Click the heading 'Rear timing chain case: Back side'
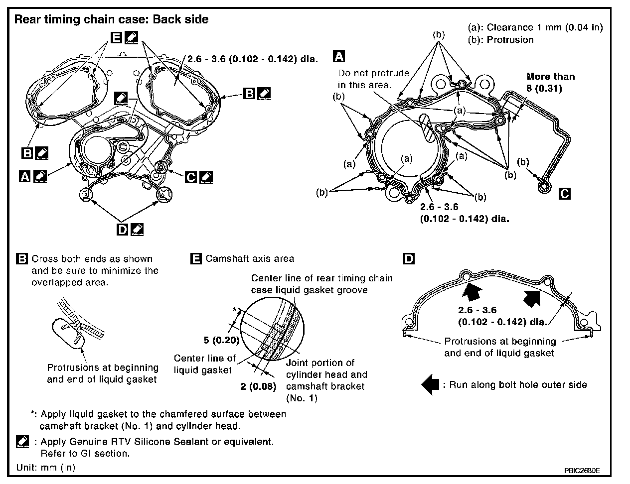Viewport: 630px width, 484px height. coord(111,19)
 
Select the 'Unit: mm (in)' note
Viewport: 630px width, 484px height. coord(46,468)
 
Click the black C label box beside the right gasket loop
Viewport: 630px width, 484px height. coord(564,194)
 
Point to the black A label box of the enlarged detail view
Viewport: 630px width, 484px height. coord(339,55)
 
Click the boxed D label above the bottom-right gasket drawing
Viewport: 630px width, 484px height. coord(409,259)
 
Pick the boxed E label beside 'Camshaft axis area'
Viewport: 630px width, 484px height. coord(196,258)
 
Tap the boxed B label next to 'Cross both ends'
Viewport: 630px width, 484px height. coord(22,259)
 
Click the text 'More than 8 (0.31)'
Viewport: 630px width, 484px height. coord(551,82)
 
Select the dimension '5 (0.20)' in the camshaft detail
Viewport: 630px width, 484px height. coord(221,341)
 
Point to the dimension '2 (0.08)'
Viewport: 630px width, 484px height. coord(258,386)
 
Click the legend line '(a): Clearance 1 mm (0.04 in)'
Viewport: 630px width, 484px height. coord(536,27)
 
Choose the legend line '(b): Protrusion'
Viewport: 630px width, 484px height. coord(501,39)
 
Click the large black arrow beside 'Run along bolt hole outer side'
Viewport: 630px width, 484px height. coord(430,385)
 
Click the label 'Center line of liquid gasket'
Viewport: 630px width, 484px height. coord(204,364)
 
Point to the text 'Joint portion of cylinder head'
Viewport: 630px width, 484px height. coord(320,363)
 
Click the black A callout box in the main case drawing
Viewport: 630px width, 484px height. coord(24,176)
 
